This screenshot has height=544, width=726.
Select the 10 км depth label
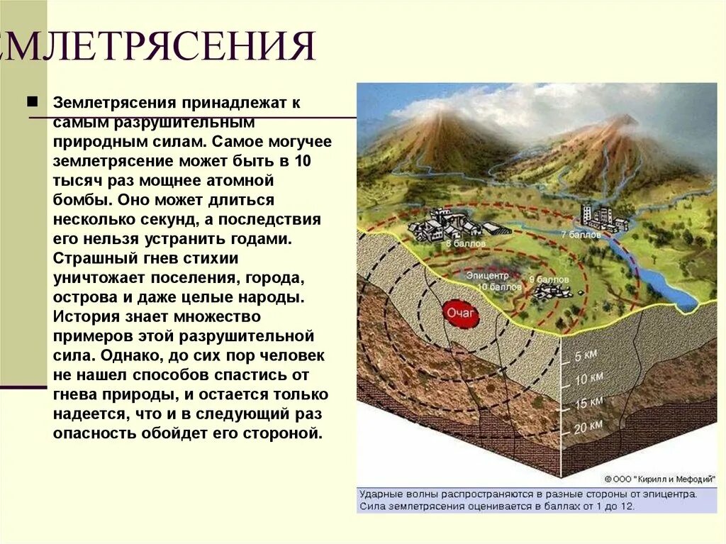coord(589,379)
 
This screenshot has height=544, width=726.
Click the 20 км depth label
coord(588,426)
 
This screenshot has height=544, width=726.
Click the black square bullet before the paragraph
coord(33,101)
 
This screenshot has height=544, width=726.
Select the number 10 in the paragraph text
coord(302,160)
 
